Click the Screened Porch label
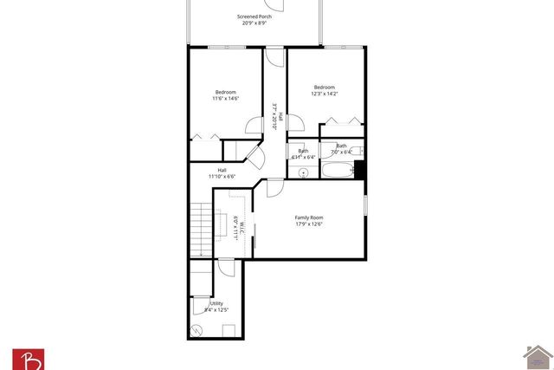(x=254, y=16)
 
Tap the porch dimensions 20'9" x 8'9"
(x=254, y=23)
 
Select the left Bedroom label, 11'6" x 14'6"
(x=225, y=92)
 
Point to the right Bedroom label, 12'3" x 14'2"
(x=324, y=88)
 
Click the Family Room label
(x=309, y=217)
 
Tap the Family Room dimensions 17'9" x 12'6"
(x=309, y=224)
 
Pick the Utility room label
(x=216, y=303)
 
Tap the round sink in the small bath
(x=304, y=172)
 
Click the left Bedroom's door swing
(x=254, y=125)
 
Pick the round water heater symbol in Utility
(x=198, y=330)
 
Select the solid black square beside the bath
(x=360, y=168)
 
